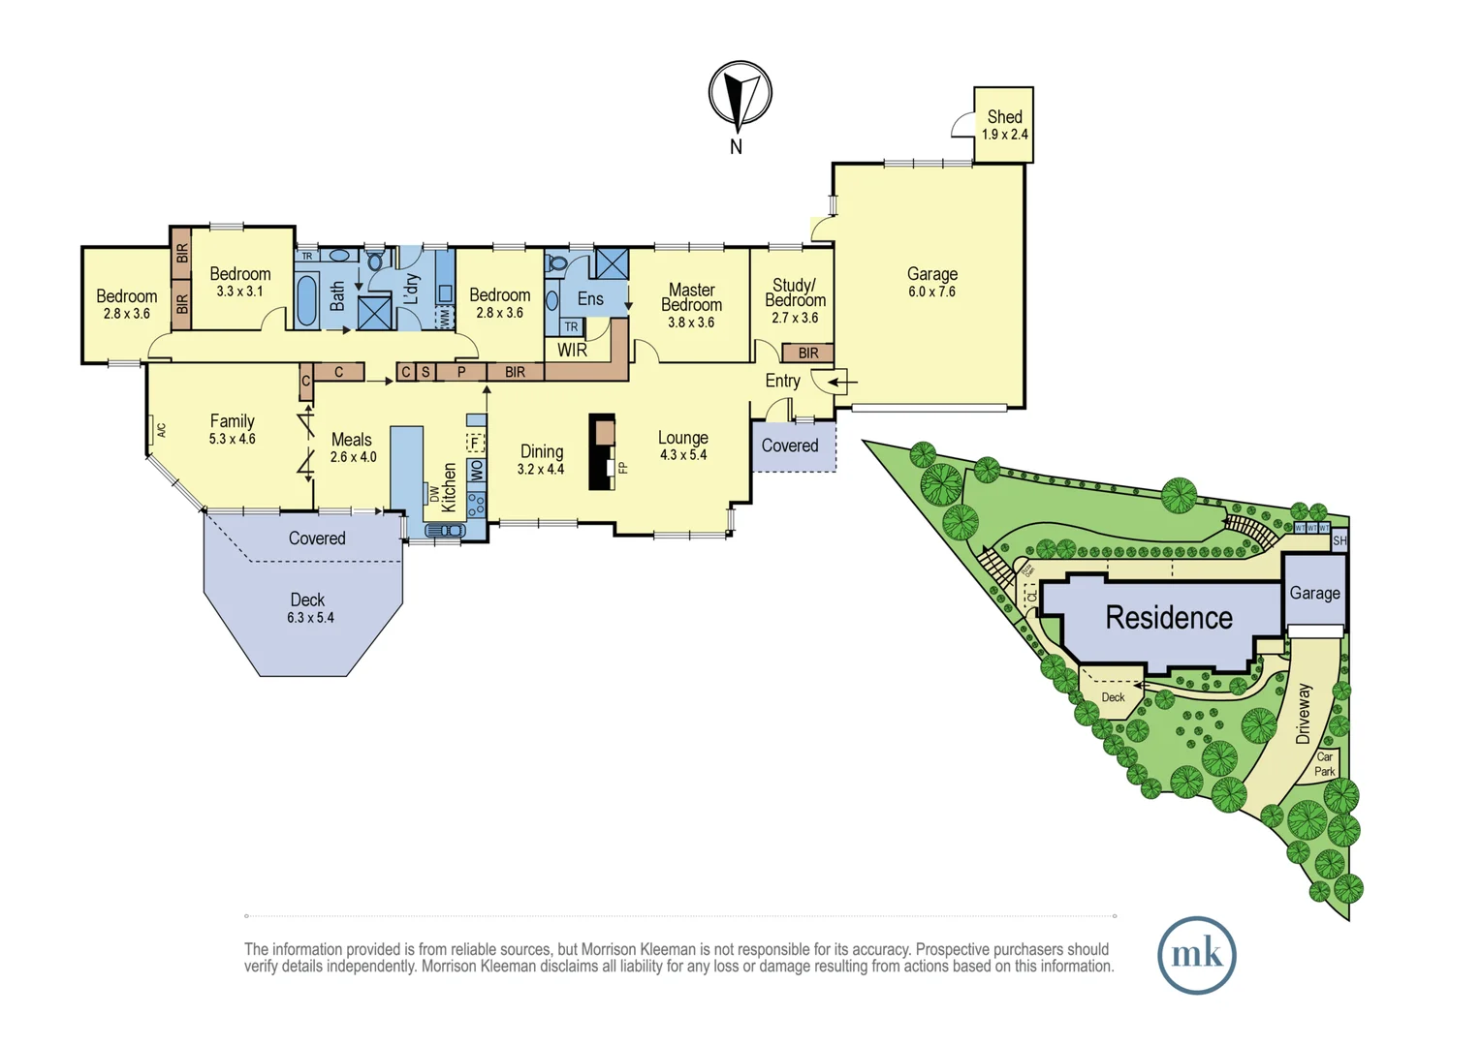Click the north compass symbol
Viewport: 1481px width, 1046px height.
[x=740, y=95]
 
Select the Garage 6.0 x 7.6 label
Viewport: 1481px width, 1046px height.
[x=931, y=282]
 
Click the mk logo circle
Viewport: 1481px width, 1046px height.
[x=1196, y=955]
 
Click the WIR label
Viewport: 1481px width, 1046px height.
[x=572, y=350]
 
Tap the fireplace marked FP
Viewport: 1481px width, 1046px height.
[x=604, y=451]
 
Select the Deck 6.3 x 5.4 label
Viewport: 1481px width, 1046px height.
[x=309, y=607]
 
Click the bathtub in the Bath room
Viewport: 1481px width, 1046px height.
[x=306, y=299]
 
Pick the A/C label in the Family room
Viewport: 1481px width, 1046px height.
[x=161, y=429]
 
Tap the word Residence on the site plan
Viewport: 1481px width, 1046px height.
[x=1169, y=618]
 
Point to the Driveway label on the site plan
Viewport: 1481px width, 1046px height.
[x=1304, y=713]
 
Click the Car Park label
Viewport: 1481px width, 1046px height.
[x=1324, y=764]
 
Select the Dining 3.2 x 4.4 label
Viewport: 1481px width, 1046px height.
[x=541, y=459]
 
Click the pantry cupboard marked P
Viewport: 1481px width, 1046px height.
[x=461, y=372]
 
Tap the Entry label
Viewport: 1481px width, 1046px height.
[x=782, y=381]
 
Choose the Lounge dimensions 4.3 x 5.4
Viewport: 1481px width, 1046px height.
[x=683, y=455]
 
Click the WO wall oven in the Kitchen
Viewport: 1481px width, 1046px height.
[x=476, y=471]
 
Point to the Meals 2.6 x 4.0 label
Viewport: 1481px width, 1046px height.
[x=352, y=447]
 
